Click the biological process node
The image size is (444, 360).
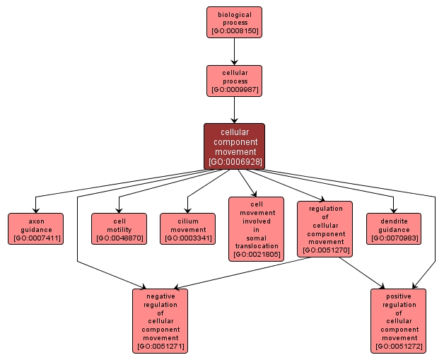tap(234, 22)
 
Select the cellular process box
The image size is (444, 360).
tap(234, 81)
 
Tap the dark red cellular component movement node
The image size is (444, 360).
tap(234, 146)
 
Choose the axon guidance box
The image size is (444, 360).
tap(35, 228)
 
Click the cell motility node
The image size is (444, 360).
tap(119, 228)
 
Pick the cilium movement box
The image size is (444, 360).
tap(187, 228)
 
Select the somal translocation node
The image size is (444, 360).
tap(256, 228)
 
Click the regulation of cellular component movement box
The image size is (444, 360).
tap(325, 228)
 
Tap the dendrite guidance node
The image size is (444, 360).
tap(394, 228)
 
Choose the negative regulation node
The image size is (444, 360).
tap(160, 320)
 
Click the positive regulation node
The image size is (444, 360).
tap(398, 320)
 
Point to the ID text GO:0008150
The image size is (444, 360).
tap(234, 31)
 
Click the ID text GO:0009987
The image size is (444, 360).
tap(234, 91)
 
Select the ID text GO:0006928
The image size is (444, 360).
tap(234, 162)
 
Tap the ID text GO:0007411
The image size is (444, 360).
tap(35, 238)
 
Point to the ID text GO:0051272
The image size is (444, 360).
tap(398, 347)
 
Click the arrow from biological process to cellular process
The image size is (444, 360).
tap(234, 51)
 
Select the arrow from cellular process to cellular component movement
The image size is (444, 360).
tap(234, 110)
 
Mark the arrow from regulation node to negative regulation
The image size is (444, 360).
tap(240, 272)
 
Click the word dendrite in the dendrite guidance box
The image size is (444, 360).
tap(394, 221)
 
